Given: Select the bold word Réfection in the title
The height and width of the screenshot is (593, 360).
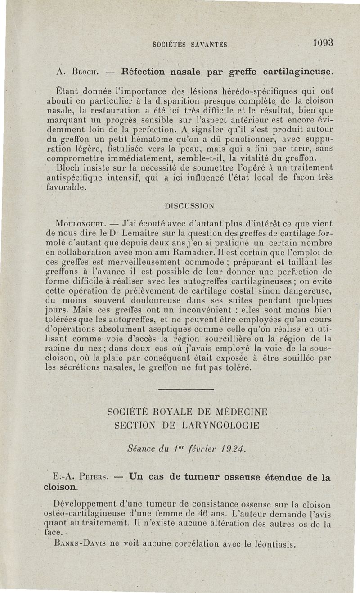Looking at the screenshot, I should (x=137, y=71).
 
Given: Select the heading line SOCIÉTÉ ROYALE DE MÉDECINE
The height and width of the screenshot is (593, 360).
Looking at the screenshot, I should (x=188, y=412).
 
